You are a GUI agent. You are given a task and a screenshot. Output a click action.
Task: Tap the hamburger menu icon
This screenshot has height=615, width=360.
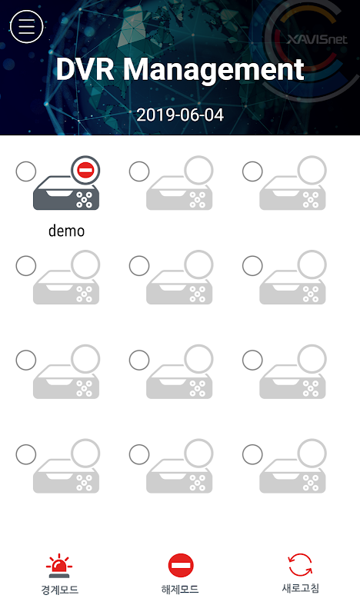pos(26,26)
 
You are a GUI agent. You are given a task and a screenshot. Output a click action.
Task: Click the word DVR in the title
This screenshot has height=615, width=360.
pos(85,69)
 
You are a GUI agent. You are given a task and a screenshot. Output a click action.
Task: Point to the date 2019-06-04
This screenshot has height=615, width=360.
pos(180,115)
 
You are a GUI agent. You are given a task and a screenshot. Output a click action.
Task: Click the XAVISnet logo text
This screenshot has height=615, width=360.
pos(317,39)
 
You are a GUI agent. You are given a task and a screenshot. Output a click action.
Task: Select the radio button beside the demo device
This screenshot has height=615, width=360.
pos(26,171)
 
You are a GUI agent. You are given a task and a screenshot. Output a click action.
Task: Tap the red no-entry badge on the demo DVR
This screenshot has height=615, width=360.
pos(85,170)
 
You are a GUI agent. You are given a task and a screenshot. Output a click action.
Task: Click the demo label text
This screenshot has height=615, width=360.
pos(66,231)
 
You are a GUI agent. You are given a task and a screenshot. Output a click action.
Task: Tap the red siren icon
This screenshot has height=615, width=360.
pos(59,566)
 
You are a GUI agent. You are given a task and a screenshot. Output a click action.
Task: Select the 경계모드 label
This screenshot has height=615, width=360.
pos(60,590)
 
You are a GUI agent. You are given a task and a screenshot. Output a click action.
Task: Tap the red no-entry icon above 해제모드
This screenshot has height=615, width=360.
pos(181,566)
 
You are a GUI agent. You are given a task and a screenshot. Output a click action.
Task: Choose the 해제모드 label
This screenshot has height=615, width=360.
pos(180,589)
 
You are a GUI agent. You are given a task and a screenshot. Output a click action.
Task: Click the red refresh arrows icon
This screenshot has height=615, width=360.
pos(300,565)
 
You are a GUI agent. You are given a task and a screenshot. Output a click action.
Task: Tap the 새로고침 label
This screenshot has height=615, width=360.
pos(301,588)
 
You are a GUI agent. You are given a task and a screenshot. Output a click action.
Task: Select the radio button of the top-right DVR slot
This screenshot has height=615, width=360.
pos(252,171)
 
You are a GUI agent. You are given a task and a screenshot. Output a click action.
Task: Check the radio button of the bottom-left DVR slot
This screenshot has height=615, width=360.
pos(26,454)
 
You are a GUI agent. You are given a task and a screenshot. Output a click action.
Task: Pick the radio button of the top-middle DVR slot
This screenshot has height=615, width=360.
pos(139,171)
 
